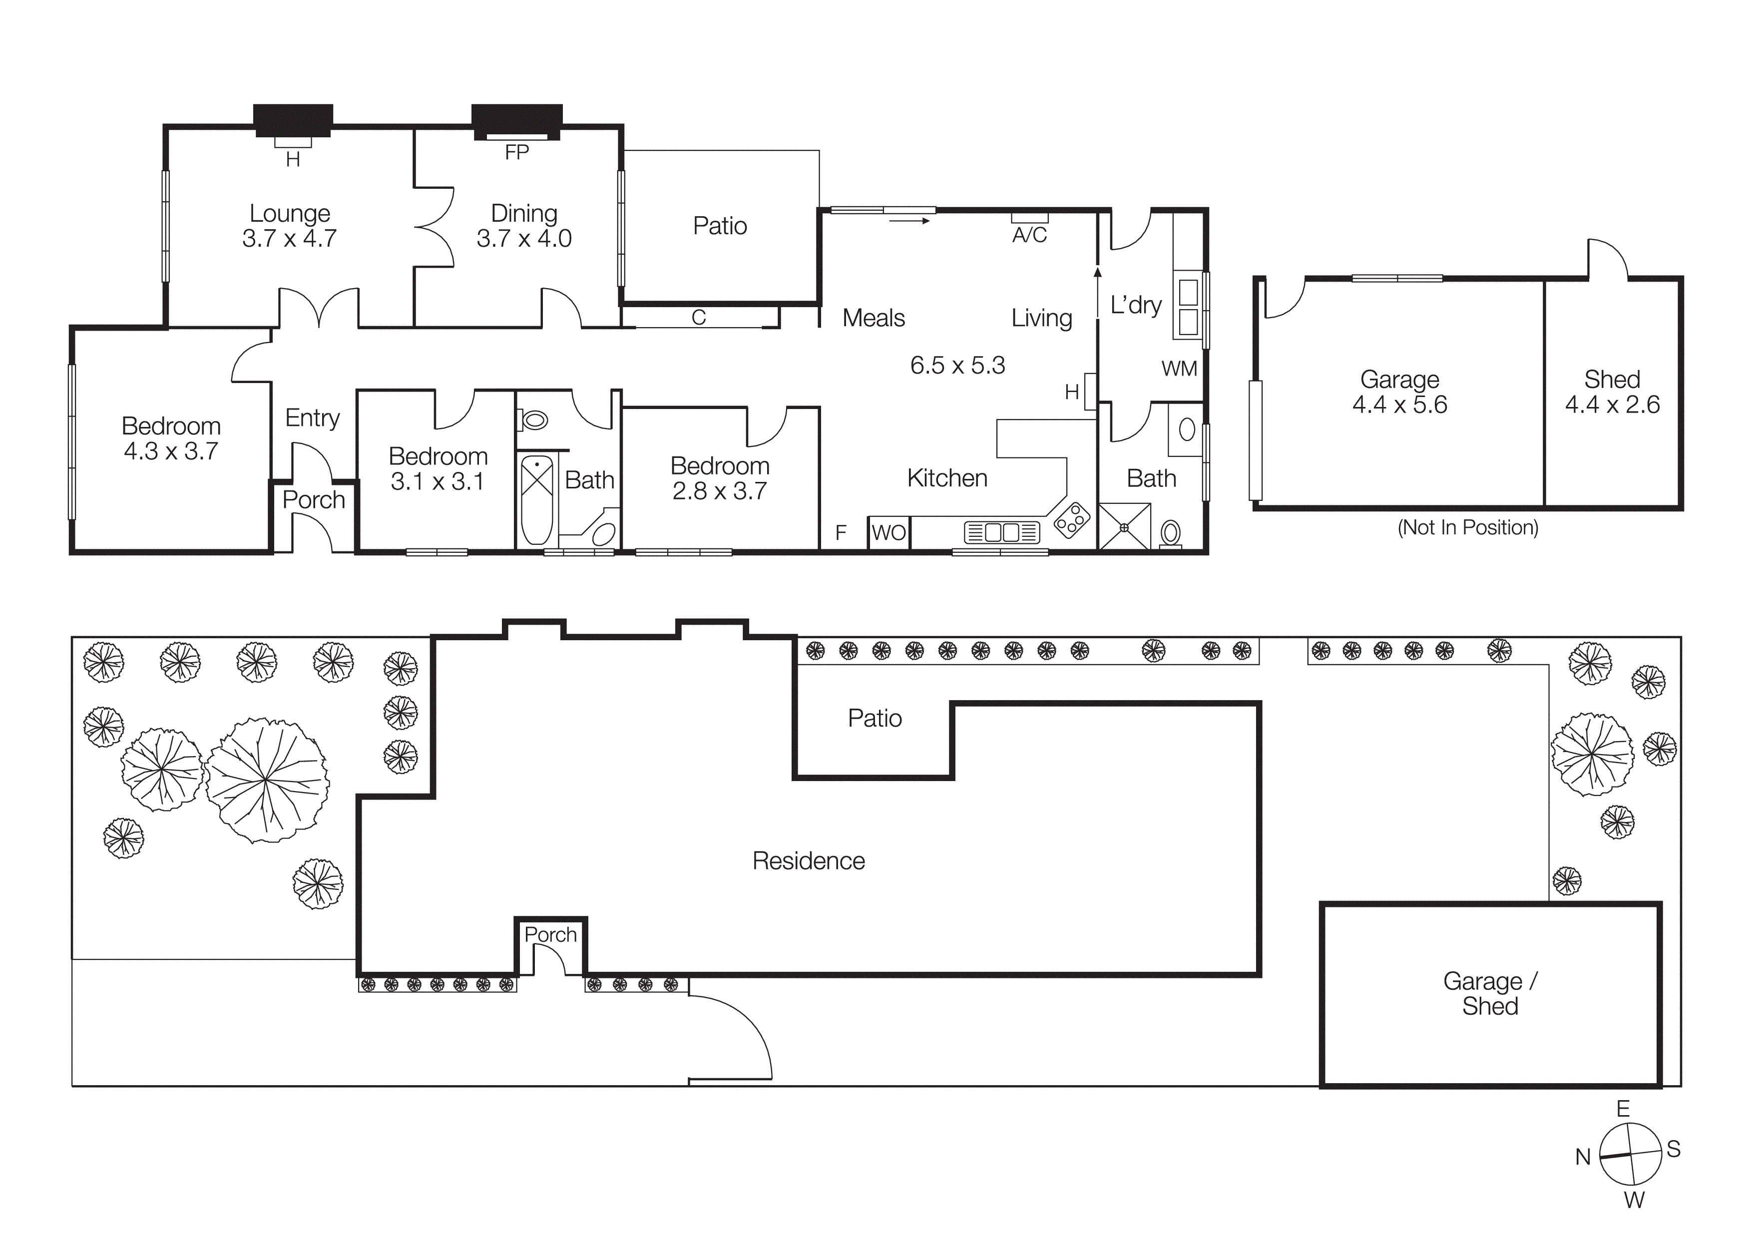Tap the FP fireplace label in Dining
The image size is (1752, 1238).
tap(516, 152)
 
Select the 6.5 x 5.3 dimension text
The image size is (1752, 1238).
tap(957, 366)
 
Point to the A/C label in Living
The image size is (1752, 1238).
tap(1029, 235)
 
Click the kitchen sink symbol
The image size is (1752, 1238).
tap(1001, 532)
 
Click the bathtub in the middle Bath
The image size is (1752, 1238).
tap(537, 499)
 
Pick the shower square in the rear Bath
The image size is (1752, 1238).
tap(1124, 526)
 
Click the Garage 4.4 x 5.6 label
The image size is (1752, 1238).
tap(1399, 392)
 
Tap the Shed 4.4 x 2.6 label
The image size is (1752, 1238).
tap(1612, 392)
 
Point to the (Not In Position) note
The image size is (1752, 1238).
tap(1467, 527)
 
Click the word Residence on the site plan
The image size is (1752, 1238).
tap(808, 861)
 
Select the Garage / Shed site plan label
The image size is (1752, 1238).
tap(1489, 993)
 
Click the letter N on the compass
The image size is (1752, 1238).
tap(1583, 1157)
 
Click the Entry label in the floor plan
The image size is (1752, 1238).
tap(312, 418)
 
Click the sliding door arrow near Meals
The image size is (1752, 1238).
tap(909, 221)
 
